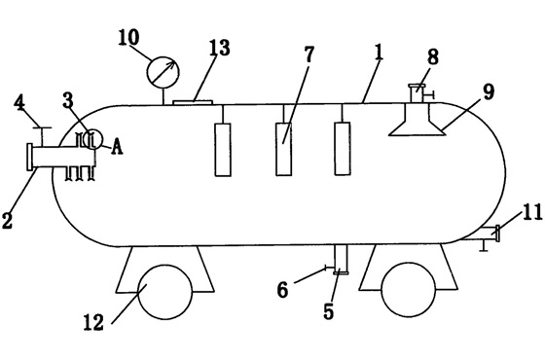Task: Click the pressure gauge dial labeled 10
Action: click(163, 70)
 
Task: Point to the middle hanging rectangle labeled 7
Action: click(283, 149)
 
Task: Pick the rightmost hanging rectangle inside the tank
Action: click(342, 149)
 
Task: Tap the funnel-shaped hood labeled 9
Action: click(417, 123)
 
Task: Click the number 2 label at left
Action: click(8, 220)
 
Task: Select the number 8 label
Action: click(431, 57)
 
